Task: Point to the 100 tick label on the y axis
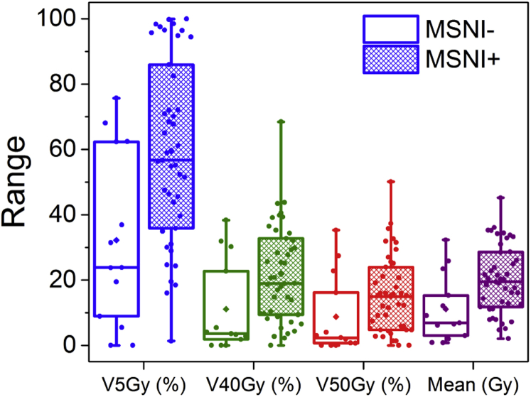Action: coord(54,19)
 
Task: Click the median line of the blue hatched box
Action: coord(171,161)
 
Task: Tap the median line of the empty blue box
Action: coord(117,267)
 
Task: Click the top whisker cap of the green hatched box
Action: coord(281,121)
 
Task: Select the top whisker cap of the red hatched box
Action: coord(391,181)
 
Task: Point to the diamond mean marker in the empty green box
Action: coord(225,309)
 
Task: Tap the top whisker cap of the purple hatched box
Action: coord(500,197)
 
